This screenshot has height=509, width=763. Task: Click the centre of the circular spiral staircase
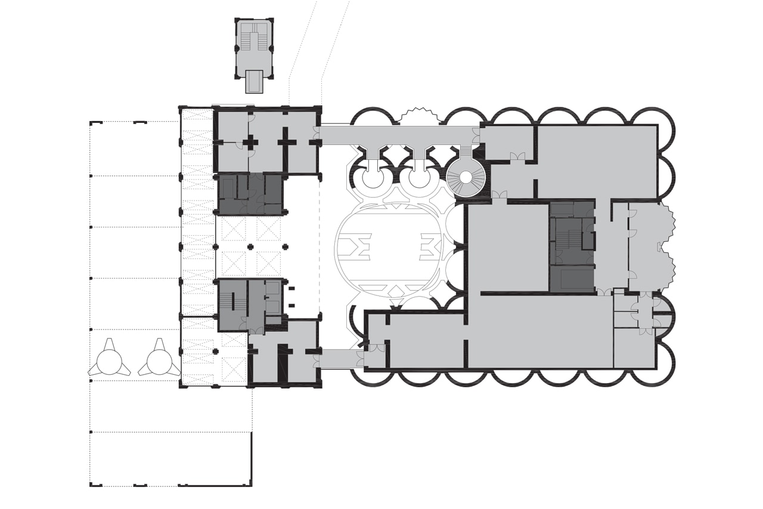pyautogui.click(x=467, y=177)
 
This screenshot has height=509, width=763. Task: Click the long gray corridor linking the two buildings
pyautogui.click(x=399, y=136)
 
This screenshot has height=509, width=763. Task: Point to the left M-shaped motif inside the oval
pyautogui.click(x=360, y=247)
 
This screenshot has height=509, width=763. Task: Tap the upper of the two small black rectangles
pyautogui.click(x=292, y=289)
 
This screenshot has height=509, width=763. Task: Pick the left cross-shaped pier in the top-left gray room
pyautogui.click(x=250, y=142)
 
